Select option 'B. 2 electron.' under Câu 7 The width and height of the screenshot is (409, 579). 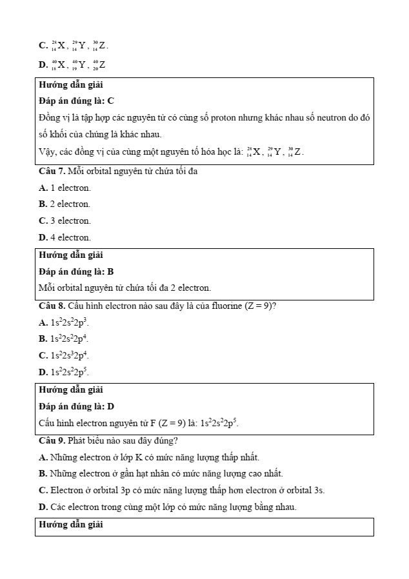[x=65, y=204]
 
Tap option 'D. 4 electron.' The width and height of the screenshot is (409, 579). [x=65, y=238]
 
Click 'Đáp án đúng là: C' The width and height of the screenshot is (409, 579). [x=76, y=101]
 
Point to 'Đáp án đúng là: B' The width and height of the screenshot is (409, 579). [x=76, y=272]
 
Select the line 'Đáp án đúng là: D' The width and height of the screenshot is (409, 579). [x=76, y=407]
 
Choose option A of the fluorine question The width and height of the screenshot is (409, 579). [x=64, y=322]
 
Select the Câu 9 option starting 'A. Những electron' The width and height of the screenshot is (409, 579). [x=149, y=458]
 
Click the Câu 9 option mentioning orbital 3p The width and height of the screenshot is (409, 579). [x=181, y=491]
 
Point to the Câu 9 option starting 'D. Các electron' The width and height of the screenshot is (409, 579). [x=168, y=507]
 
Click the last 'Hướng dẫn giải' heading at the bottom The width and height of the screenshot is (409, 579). [x=71, y=525]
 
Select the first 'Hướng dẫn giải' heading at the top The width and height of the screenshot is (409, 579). [x=71, y=85]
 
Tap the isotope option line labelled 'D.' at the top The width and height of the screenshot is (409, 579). [x=72, y=64]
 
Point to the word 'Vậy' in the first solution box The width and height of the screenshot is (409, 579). [x=48, y=153]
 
